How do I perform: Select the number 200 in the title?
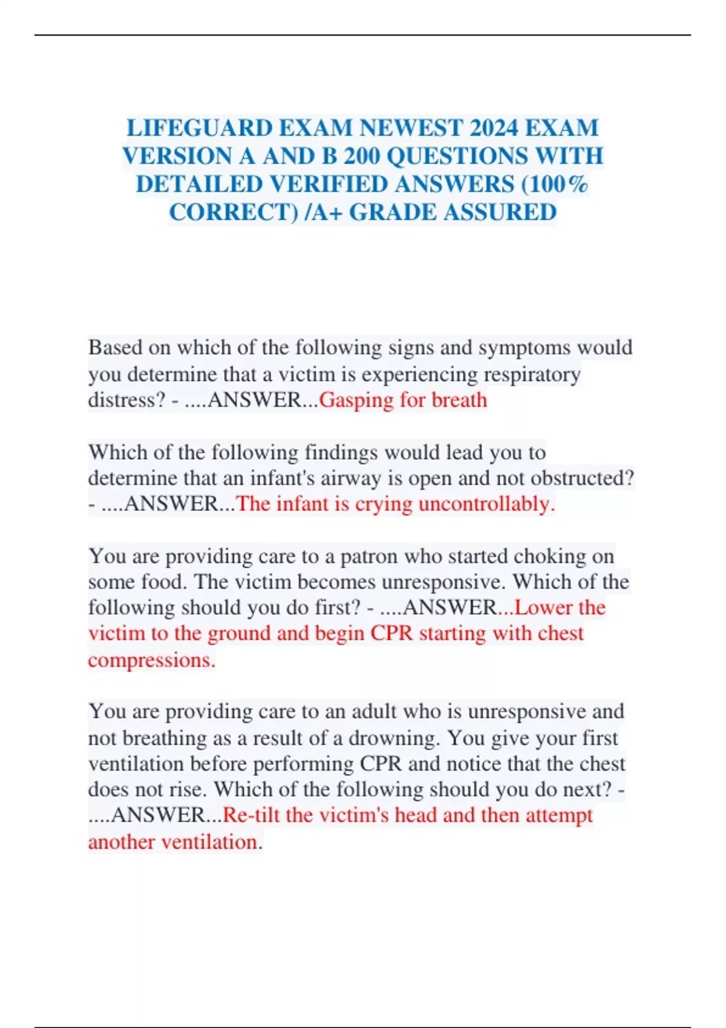361,156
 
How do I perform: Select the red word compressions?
151,660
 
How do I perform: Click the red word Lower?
543,608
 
